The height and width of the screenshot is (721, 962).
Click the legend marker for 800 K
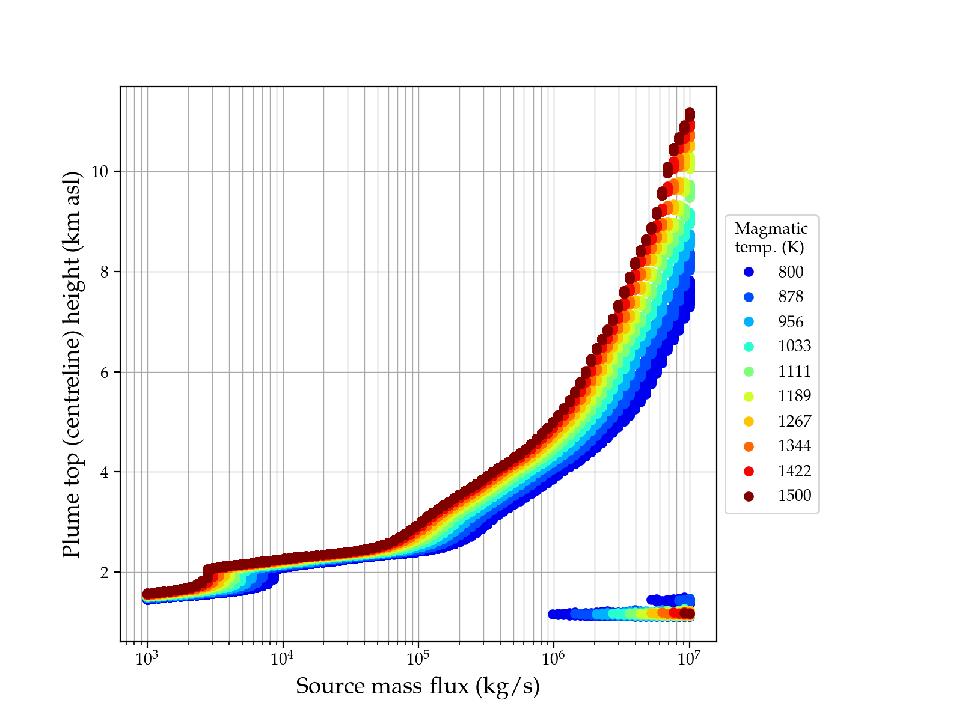coord(749,272)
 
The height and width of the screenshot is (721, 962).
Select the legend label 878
coord(791,297)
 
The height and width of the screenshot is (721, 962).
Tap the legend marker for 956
coord(749,322)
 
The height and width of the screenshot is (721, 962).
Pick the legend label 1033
coord(794,346)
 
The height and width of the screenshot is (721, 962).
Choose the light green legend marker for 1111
coord(749,371)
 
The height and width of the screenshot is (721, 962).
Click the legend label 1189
coord(794,396)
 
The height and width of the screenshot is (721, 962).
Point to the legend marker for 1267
coord(749,422)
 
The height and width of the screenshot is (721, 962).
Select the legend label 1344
coord(794,446)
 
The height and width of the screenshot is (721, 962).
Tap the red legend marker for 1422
coord(749,472)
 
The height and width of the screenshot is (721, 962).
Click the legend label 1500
coord(794,496)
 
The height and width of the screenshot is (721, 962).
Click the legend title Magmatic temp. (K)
coord(771,237)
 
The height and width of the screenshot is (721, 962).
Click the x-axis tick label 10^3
coord(147,658)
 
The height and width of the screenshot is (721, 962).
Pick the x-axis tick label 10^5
coord(418,658)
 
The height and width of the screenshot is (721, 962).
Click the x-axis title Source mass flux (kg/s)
coord(418,686)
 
